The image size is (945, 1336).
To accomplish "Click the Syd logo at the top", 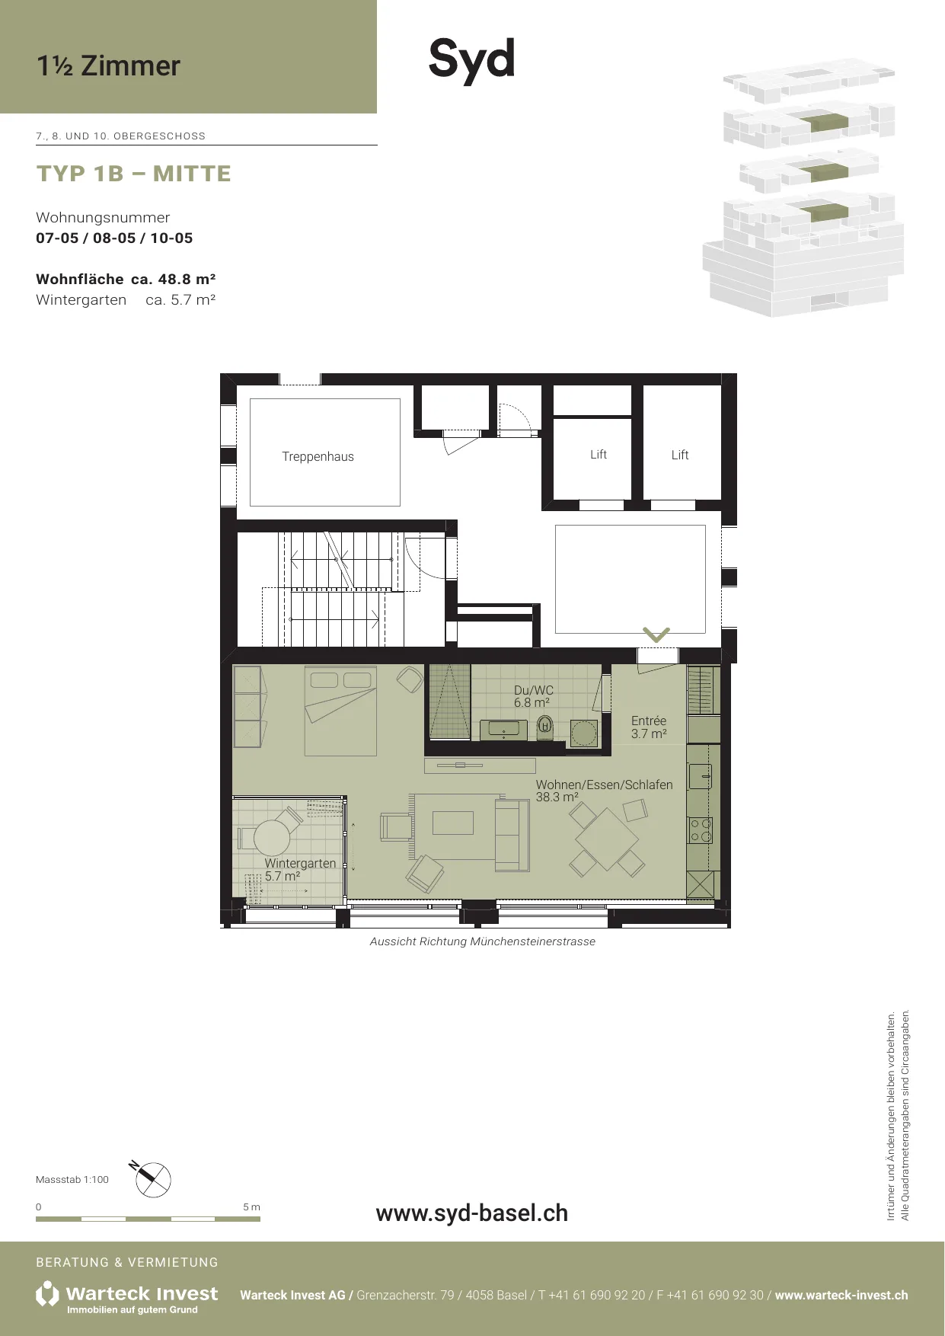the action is coord(472,59).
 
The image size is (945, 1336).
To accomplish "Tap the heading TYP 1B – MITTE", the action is coord(134,174).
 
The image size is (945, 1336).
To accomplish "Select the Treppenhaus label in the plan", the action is coord(318,456).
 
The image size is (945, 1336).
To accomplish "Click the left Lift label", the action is coord(599,454).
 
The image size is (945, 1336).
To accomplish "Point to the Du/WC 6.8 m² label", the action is coord(533,696).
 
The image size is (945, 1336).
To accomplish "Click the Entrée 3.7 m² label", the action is coord(649,727).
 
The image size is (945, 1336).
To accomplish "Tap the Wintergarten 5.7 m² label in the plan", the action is coord(300,869).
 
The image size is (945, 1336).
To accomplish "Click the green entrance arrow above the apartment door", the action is coord(656,634).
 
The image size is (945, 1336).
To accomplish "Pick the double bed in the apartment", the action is coord(340,711).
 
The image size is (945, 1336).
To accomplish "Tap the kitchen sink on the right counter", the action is coord(701,776).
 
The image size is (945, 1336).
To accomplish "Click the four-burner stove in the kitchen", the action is coord(701,831).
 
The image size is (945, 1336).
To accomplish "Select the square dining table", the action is coord(607,839).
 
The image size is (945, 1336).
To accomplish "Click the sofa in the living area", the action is coord(512,835).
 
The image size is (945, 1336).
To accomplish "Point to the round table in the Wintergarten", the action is coord(272,838).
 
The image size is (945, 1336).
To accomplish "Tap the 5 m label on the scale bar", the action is coord(251,1207).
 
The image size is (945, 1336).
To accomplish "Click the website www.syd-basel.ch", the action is coord(472,1213).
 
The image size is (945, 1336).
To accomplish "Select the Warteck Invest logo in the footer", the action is coord(127,1297).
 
